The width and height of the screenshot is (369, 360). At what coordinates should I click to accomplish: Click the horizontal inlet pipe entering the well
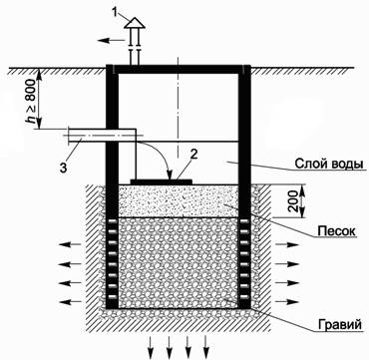95,134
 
